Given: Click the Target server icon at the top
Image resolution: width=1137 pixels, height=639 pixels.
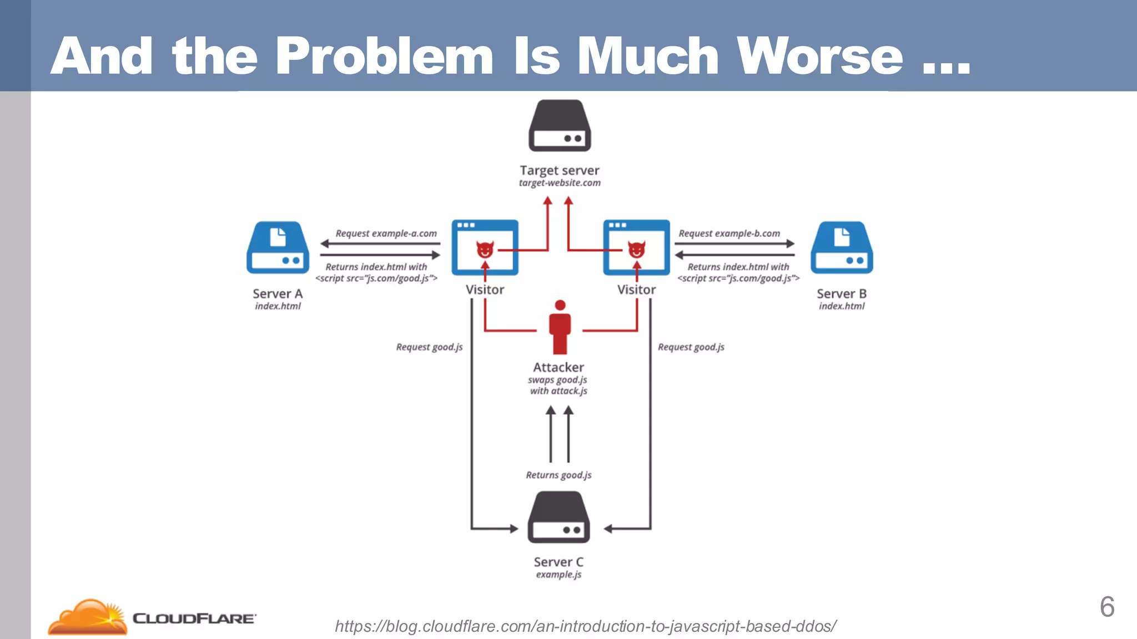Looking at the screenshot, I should pos(560,126).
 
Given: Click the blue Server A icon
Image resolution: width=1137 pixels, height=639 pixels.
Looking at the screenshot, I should pos(278,248).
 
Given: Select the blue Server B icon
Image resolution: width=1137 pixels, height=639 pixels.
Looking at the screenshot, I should pos(842,248).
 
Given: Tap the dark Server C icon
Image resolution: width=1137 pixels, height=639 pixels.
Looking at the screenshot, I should pos(559,518).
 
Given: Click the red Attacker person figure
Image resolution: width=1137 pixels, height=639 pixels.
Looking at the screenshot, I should pos(560,327).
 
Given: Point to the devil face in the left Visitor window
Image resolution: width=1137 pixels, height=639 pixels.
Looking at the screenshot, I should pos(485,250).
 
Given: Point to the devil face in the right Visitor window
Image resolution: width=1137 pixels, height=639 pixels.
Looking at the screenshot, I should pos(636,250).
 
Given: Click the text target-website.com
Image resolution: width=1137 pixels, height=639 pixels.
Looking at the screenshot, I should pos(560,183).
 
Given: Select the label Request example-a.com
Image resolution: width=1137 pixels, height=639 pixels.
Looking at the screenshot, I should pos(386,234).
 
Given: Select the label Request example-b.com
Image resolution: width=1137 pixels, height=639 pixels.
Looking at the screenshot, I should pos(729,234).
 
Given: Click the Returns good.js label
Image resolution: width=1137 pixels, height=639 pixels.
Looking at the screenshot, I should pos(559,475).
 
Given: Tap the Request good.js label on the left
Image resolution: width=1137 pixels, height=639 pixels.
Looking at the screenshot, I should pos(429,347).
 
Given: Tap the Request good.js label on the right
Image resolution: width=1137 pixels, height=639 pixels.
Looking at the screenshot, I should pos(691,347).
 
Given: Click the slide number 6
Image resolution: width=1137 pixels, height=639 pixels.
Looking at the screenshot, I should pos(1107,607).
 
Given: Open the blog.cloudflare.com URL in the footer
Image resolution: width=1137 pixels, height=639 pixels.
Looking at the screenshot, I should pos(586,626).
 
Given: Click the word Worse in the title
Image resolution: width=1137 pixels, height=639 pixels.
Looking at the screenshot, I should pos(819,56).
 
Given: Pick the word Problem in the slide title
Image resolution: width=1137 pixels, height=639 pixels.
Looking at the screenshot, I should pos(384,56).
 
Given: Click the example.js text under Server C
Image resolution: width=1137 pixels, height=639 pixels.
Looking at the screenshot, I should pos(559,575).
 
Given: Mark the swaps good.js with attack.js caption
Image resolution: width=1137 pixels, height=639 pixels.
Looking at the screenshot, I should pos(558,386).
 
